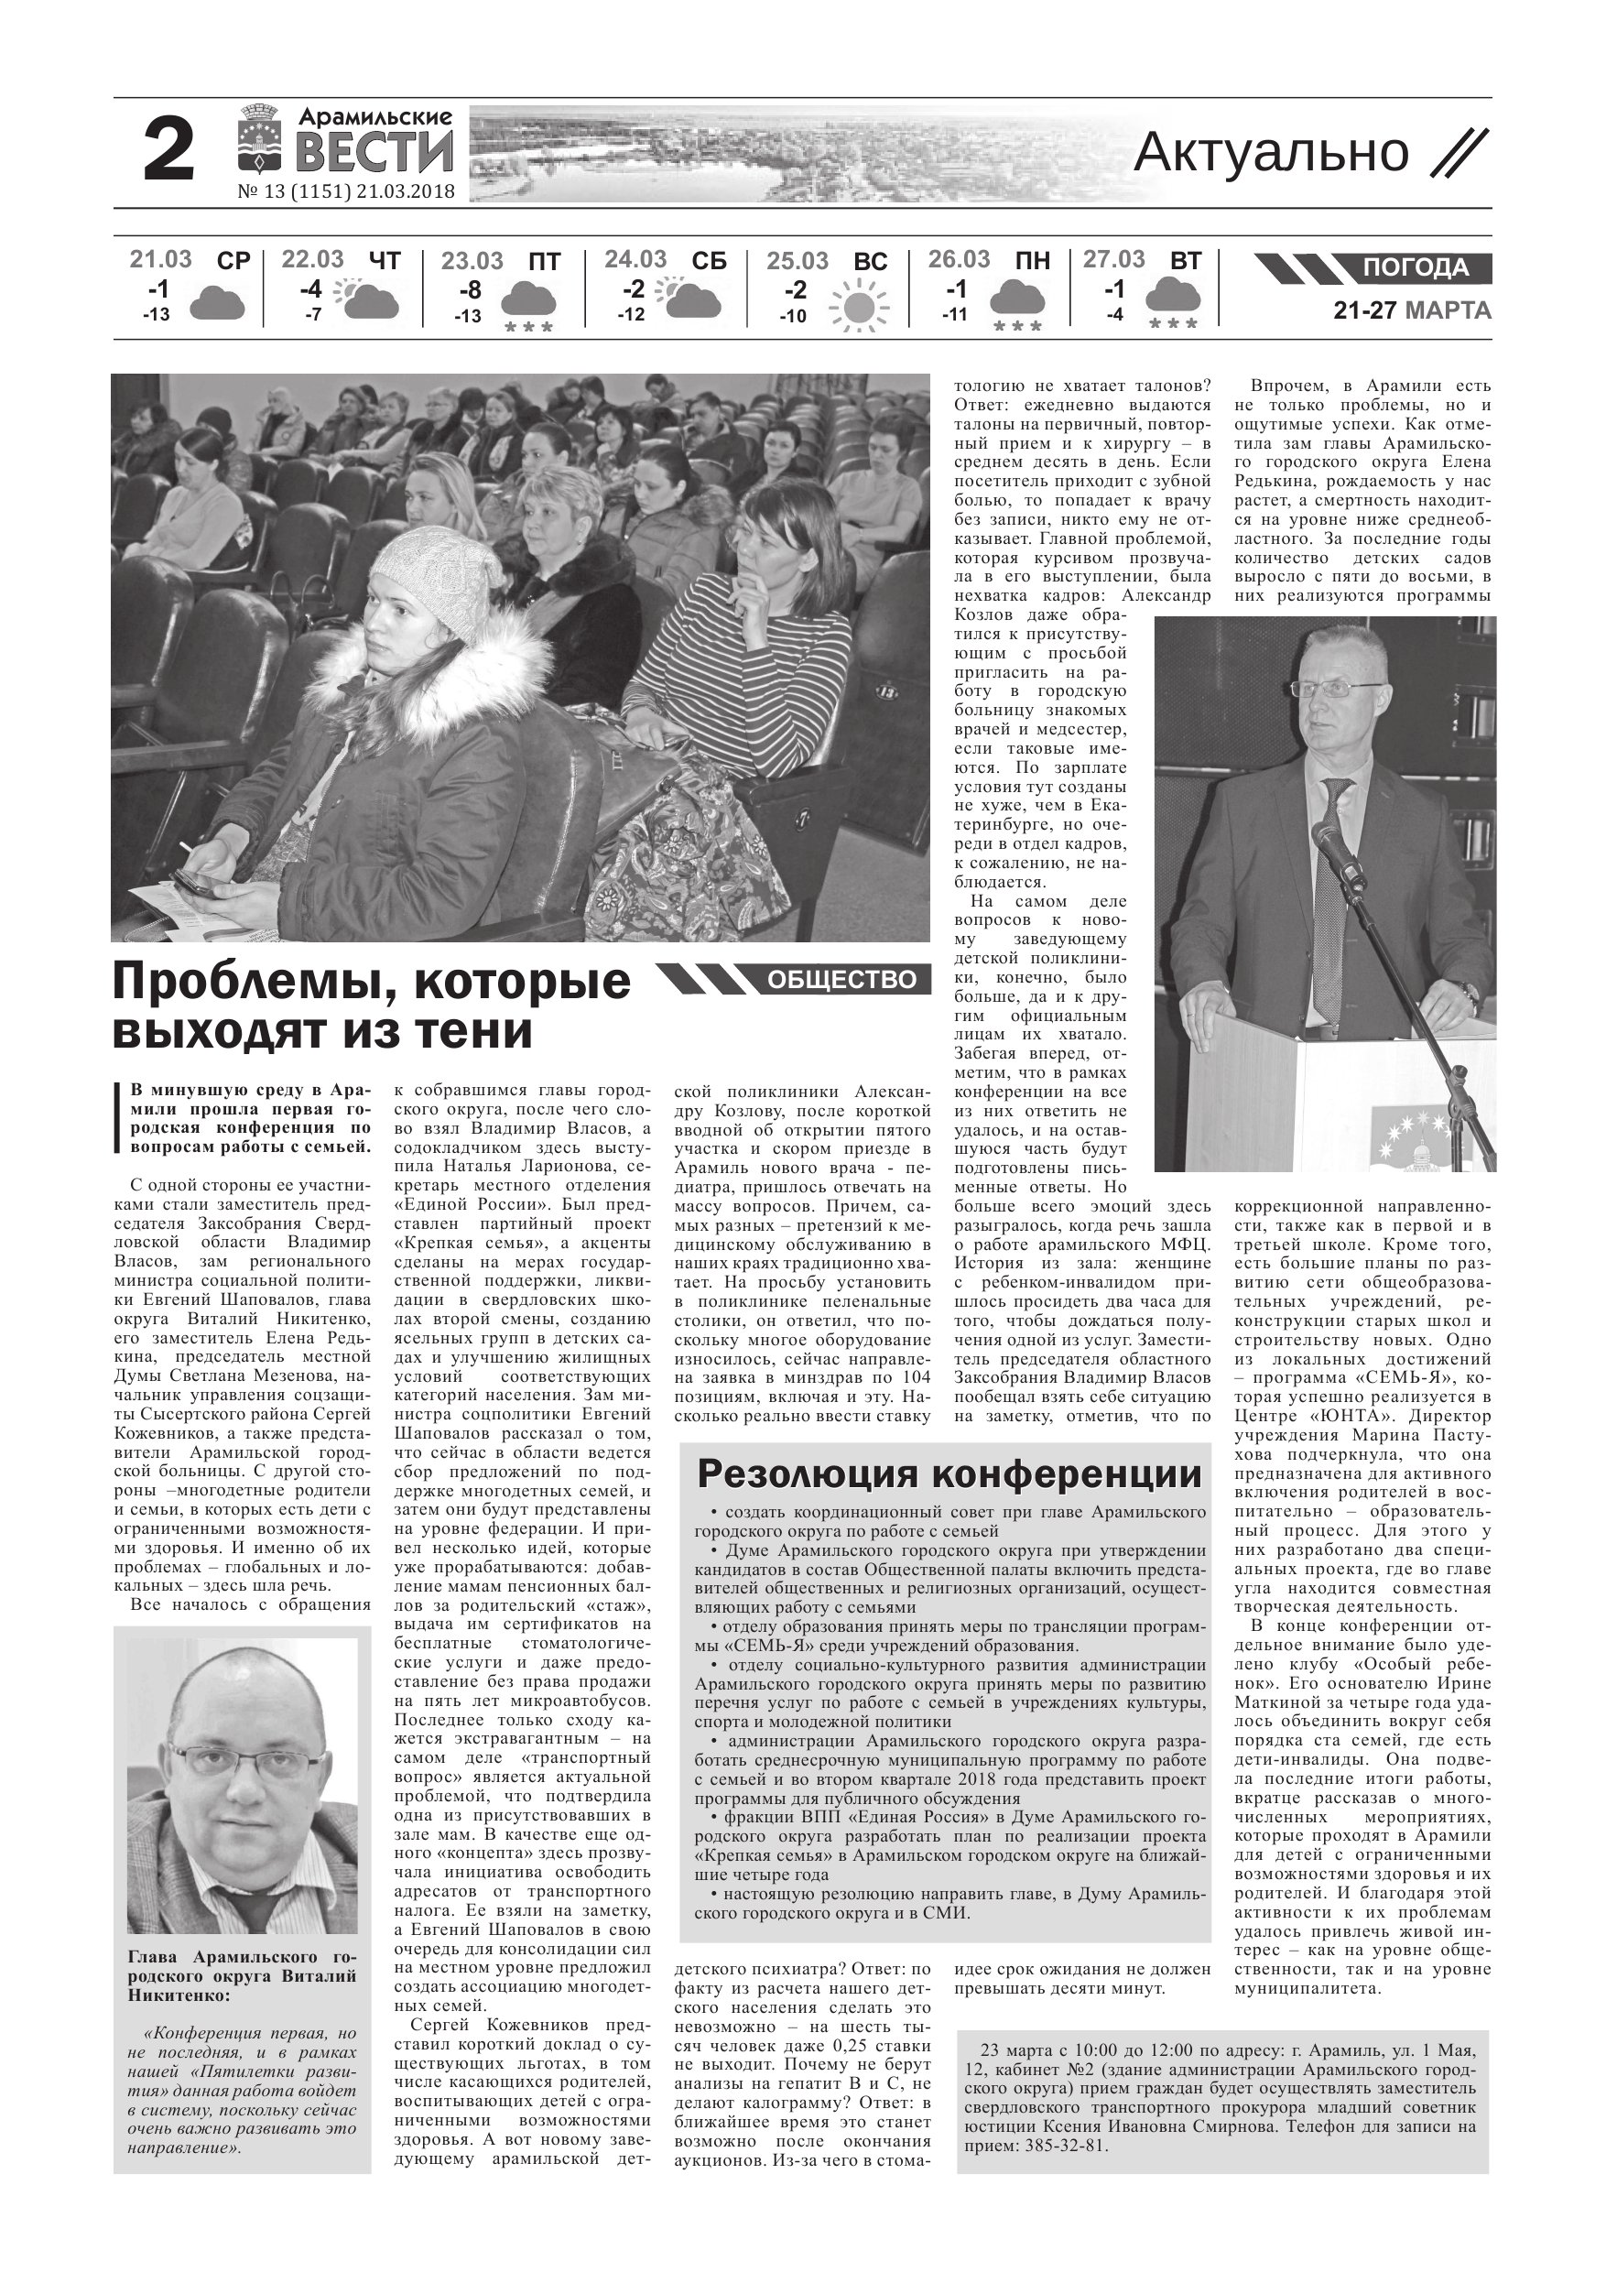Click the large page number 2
click(168, 151)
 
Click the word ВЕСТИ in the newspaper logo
click(376, 152)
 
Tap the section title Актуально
click(1271, 152)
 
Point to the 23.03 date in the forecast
click(472, 261)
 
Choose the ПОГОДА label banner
click(1415, 268)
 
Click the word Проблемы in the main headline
click(254, 982)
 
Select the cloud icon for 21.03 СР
click(217, 303)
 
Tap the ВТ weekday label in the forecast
click(1186, 261)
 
